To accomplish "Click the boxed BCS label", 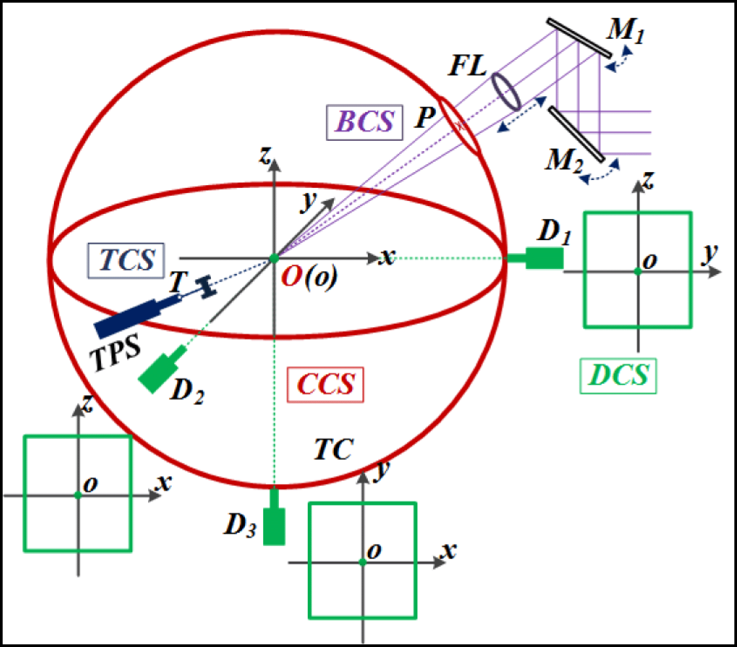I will (x=364, y=122).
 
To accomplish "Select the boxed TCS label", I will (x=126, y=260).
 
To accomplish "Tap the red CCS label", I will (x=325, y=384).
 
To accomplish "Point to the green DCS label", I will (x=618, y=376).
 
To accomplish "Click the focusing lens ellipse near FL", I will (x=506, y=92).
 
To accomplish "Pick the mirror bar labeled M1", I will (x=579, y=38).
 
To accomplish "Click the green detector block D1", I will (x=544, y=258).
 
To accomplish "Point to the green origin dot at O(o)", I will (x=274, y=258).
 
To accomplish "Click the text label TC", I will (x=334, y=449).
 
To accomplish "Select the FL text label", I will (x=467, y=66).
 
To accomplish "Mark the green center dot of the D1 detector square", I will (x=638, y=271).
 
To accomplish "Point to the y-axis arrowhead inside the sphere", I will (x=328, y=203).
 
